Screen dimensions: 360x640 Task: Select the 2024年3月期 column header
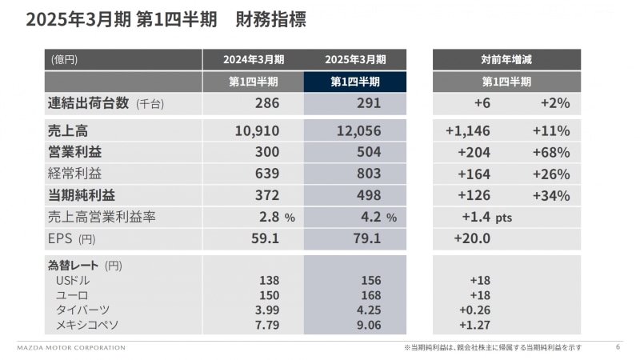(x=253, y=59)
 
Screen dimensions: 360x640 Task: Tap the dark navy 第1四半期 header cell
(x=355, y=82)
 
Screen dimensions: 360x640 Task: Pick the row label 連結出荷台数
(x=88, y=103)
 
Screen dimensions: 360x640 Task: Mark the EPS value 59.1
(x=263, y=238)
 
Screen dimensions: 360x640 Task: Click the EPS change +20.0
(x=472, y=238)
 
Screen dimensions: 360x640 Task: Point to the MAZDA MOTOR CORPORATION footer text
(x=71, y=348)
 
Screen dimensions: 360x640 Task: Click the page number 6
(x=618, y=347)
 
